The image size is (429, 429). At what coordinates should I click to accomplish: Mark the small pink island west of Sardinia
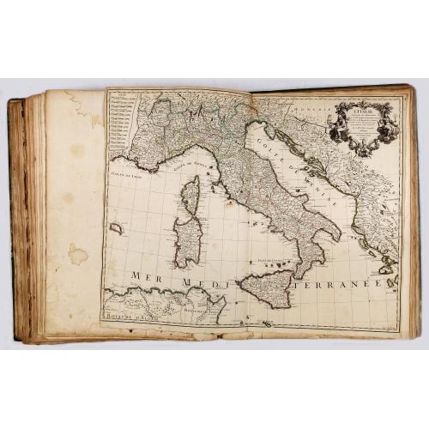click(117, 229)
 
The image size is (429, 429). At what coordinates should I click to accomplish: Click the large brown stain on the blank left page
click(78, 254)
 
